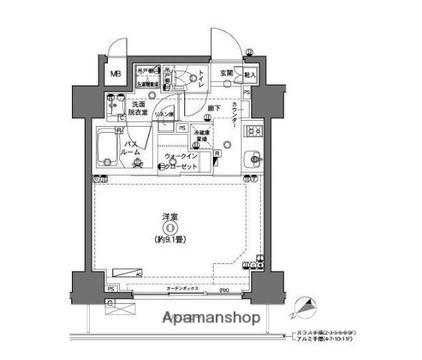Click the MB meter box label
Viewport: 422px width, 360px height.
point(116,73)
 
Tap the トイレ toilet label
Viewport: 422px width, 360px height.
point(200,78)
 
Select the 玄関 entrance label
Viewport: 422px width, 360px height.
point(226,73)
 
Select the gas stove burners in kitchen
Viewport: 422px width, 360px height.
point(253,130)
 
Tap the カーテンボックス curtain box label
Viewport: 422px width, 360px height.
point(181,289)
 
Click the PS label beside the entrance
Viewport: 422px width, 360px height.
point(247,91)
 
